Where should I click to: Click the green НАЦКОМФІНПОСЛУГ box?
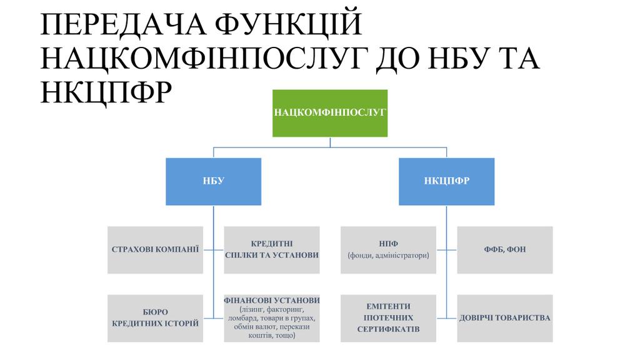click(330, 113)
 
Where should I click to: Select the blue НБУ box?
click(213, 181)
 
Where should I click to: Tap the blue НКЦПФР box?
click(446, 181)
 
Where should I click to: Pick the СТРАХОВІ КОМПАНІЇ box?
click(155, 249)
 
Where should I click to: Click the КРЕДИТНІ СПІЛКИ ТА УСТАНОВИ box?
click(271, 249)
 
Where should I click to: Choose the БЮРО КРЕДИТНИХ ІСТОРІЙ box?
click(155, 318)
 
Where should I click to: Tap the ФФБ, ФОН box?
click(504, 249)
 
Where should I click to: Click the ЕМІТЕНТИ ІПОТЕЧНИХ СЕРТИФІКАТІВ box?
click(388, 318)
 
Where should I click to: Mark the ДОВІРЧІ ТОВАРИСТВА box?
click(504, 318)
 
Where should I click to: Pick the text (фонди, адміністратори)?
click(388, 255)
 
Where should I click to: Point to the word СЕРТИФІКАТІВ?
click(388, 329)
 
